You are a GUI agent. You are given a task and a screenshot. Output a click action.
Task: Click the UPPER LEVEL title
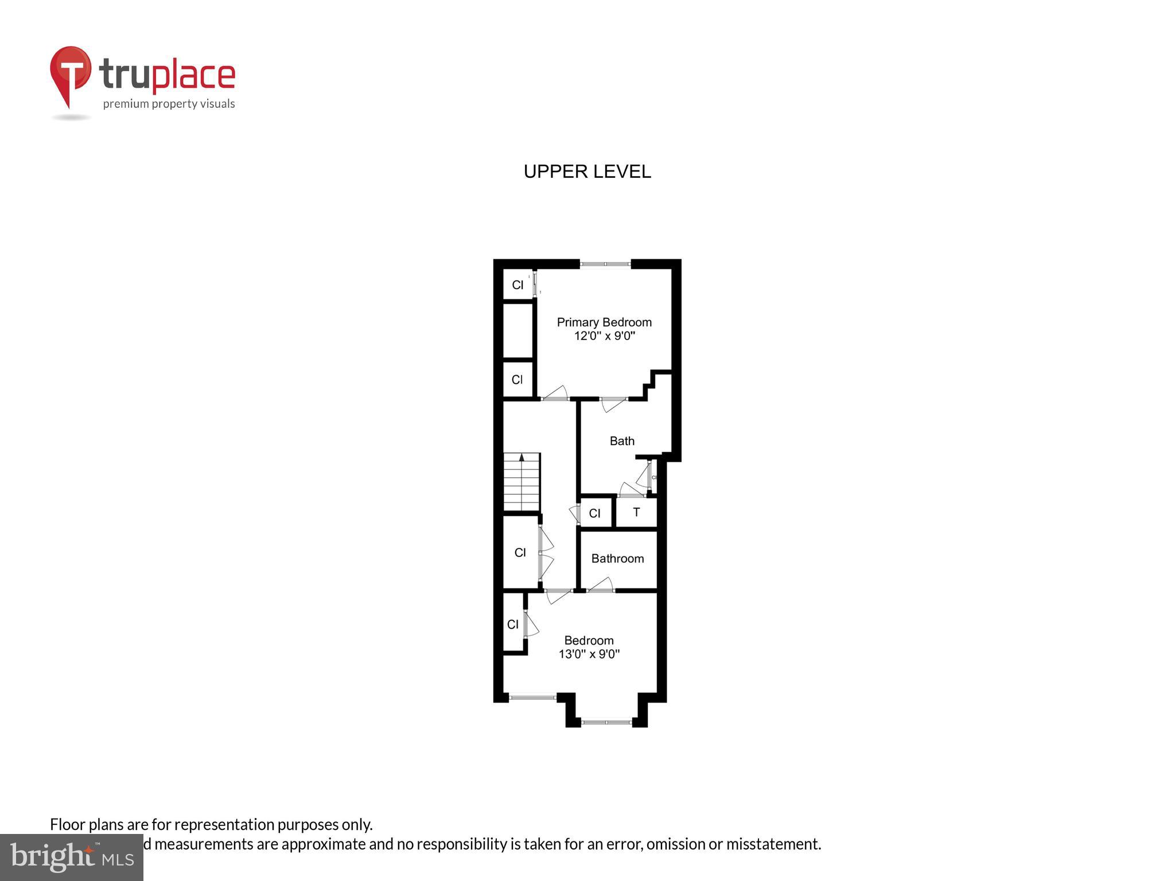coord(587,171)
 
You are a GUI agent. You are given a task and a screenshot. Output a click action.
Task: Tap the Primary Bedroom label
coord(604,322)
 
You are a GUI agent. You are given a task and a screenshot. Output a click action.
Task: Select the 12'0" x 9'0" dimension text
coord(604,336)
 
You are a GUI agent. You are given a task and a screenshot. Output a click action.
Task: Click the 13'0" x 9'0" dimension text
coord(589,654)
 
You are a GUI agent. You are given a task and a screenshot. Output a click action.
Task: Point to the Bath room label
coord(622,441)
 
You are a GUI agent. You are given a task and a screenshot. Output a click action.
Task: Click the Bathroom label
coord(617,559)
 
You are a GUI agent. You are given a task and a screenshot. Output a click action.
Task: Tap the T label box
coord(636,512)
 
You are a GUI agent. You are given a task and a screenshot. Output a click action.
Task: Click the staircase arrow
coord(522,458)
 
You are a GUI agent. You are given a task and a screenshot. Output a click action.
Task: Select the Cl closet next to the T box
coord(595,513)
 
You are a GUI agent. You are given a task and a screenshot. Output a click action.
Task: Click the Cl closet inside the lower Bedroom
coord(513,625)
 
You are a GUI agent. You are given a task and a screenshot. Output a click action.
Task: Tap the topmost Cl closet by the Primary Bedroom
coord(518,285)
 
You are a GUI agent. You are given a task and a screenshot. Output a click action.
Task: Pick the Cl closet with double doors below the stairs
coord(520,553)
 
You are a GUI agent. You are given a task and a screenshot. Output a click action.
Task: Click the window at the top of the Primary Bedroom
coord(605,264)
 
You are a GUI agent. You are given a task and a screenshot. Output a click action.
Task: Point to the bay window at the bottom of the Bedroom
coord(606,723)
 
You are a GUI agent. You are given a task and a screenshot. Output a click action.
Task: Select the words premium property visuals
coord(169,104)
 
